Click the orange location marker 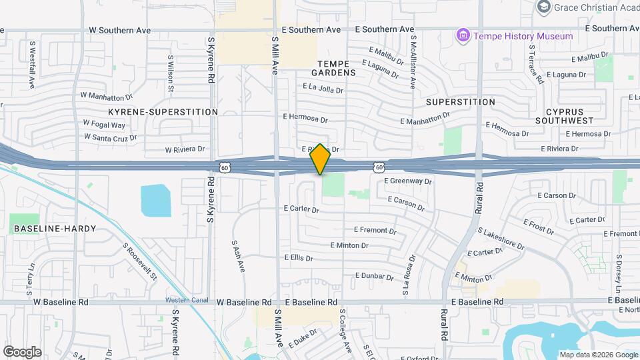[x=321, y=159]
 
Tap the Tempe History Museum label [x=523, y=36]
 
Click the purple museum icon [x=462, y=35]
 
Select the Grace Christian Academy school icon [x=544, y=7]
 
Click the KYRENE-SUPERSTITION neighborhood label [x=163, y=112]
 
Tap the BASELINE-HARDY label [x=55, y=229]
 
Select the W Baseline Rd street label [x=61, y=302]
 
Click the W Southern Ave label [x=119, y=31]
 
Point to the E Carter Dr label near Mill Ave [x=301, y=209]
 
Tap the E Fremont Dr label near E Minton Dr [x=375, y=231]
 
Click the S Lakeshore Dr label [x=501, y=237]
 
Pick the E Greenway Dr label [x=408, y=181]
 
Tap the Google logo [x=22, y=351]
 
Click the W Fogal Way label [x=104, y=124]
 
